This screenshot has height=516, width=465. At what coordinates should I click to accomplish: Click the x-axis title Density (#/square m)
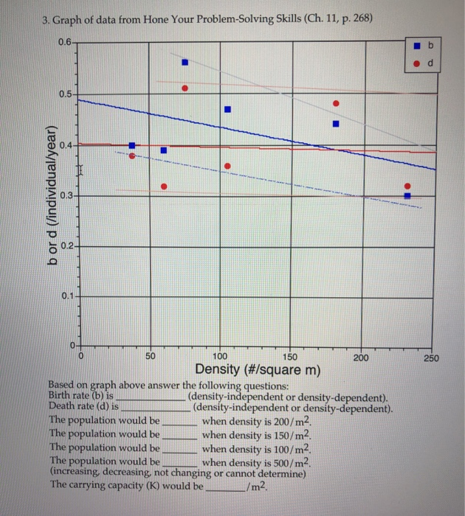tap(257, 370)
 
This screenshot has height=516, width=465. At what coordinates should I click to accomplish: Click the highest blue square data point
tap(185, 63)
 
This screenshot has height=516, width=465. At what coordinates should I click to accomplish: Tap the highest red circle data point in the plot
tap(185, 88)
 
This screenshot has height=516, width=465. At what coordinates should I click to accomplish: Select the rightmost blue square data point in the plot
tap(407, 195)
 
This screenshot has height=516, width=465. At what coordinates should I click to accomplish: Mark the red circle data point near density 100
tap(228, 166)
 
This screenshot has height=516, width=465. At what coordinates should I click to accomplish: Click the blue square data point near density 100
tap(228, 109)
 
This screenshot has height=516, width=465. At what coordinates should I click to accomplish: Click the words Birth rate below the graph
tap(72, 395)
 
